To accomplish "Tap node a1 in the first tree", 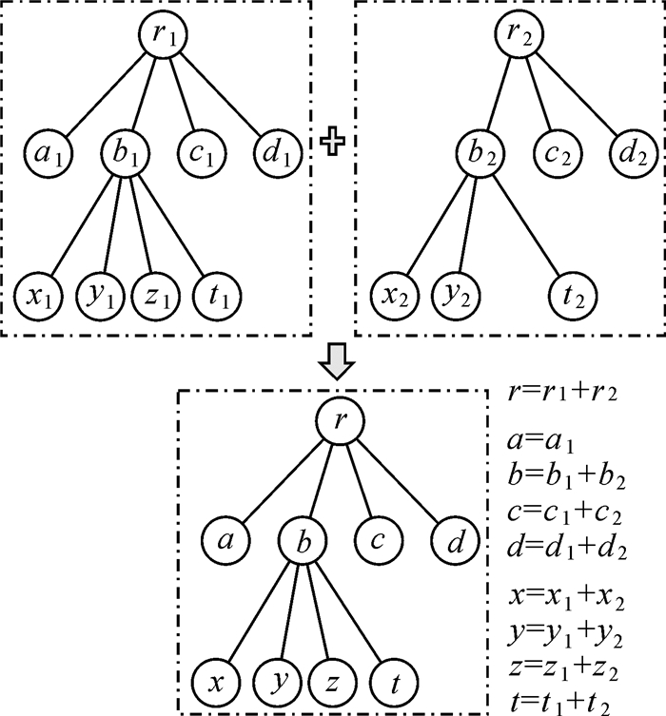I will pyautogui.click(x=45, y=151).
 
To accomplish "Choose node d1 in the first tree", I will pyautogui.click(x=277, y=151).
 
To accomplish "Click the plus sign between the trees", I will pyautogui.click(x=331, y=143).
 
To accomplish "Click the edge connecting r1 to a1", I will pyautogui.click(x=102, y=94).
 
